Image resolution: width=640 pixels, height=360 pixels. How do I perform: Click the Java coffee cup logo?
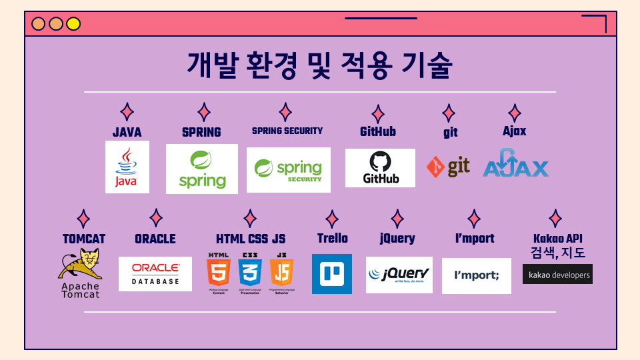coord(127,167)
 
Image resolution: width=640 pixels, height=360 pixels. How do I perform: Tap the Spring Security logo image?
coord(288,170)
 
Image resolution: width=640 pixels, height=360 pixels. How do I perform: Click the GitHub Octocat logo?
coord(380,167)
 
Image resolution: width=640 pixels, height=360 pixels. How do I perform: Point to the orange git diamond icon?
coord(435,167)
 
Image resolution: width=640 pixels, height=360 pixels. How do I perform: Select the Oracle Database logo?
coord(155,274)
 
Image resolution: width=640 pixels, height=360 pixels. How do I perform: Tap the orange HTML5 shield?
coord(218,273)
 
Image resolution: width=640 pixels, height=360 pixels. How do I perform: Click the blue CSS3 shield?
coord(250,273)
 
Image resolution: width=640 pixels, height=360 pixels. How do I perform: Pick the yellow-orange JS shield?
coord(281,273)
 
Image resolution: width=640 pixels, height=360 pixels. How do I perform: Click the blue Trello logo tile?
coord(331,274)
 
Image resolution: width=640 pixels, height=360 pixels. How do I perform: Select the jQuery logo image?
coord(399,275)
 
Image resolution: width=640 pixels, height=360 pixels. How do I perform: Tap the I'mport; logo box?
coord(476,276)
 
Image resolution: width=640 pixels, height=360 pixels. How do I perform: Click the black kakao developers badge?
coord(557,274)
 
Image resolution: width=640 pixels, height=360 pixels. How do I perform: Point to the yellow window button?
coord(73,24)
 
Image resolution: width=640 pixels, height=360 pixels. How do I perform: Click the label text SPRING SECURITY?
coord(287,131)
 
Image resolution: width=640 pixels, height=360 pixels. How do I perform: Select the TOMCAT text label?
coord(84,239)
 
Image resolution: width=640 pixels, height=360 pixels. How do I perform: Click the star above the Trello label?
coord(331,219)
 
